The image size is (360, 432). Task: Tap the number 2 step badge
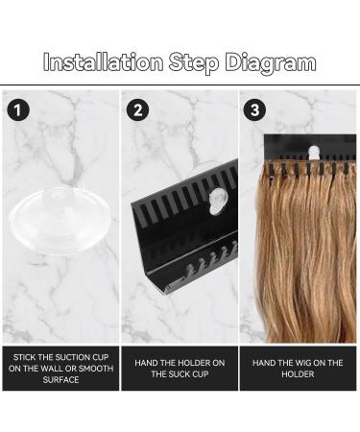140,108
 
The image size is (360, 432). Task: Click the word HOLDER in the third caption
299,373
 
